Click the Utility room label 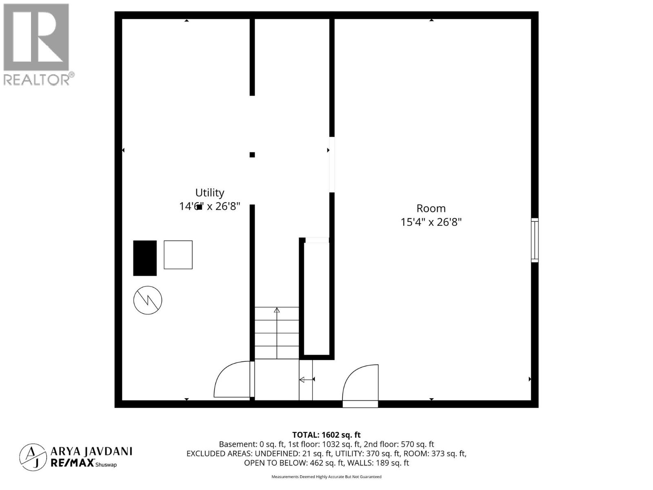209,193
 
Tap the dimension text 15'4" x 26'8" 431,222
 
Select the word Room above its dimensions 431,208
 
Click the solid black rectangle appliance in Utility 145,258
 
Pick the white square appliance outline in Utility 178,255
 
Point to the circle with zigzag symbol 148,300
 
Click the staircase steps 277,333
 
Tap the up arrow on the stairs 277,310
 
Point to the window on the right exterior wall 534,240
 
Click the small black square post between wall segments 252,155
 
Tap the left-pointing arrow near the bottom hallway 307,380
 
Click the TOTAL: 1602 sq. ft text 326,435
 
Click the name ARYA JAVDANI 91,451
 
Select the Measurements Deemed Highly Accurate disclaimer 326,477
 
